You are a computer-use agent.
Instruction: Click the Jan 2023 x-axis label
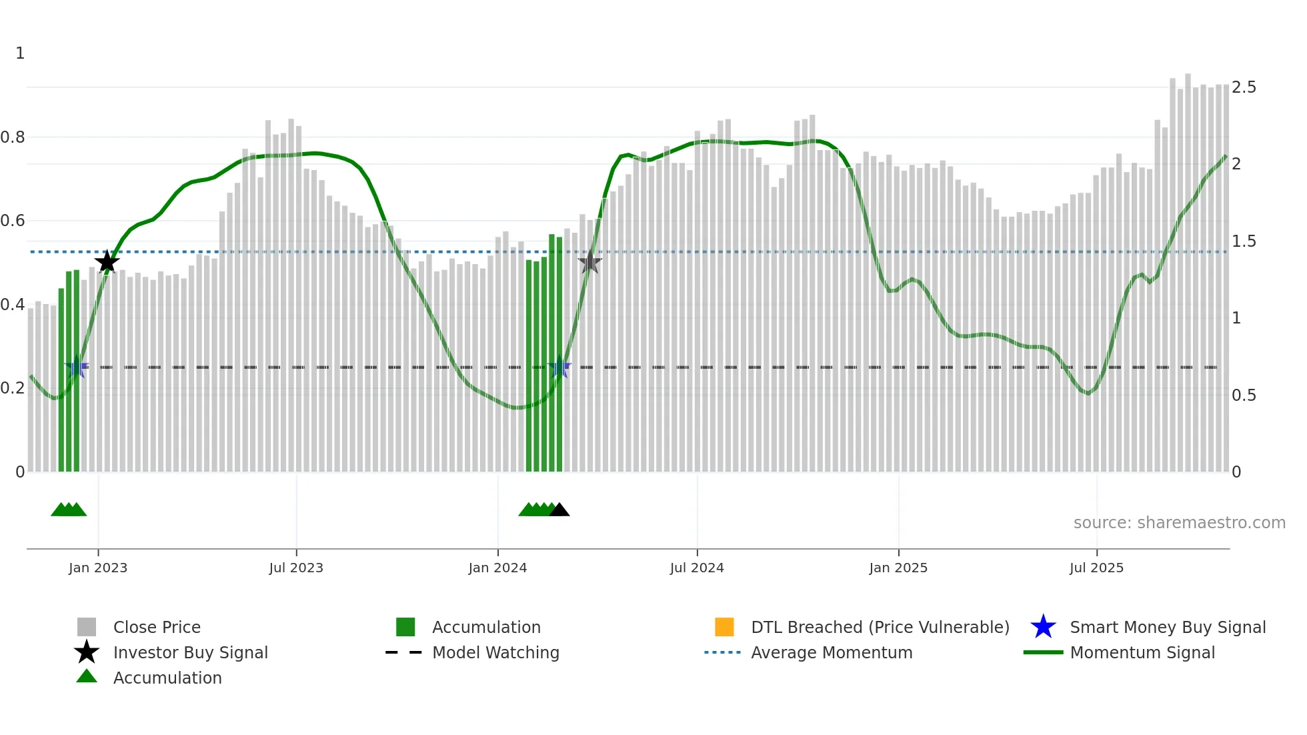tap(98, 568)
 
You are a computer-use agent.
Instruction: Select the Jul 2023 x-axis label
tap(296, 568)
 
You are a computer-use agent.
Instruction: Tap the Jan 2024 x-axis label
tap(497, 568)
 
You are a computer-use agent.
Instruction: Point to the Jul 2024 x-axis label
tap(697, 568)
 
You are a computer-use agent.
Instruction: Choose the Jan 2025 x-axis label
tap(898, 568)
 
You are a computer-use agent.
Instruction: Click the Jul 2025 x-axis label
tap(1096, 568)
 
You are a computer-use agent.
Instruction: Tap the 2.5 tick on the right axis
tap(1244, 87)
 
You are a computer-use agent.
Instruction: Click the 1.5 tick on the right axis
tap(1244, 241)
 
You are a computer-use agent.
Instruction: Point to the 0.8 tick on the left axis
tap(13, 137)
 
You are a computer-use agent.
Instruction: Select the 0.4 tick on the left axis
tap(13, 305)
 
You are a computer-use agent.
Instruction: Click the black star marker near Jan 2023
tap(107, 262)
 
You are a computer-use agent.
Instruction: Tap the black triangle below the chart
tap(559, 510)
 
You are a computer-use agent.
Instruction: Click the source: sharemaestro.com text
tap(1179, 523)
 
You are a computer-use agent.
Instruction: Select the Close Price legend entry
tap(157, 627)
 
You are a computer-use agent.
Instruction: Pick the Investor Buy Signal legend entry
tap(190, 652)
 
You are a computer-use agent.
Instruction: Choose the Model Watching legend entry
tap(495, 652)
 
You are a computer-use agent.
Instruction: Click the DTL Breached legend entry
tap(880, 627)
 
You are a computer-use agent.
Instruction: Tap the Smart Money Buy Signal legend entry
tap(1168, 627)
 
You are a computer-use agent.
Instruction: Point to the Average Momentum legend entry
tap(832, 652)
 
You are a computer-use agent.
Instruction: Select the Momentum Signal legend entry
tap(1142, 652)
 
